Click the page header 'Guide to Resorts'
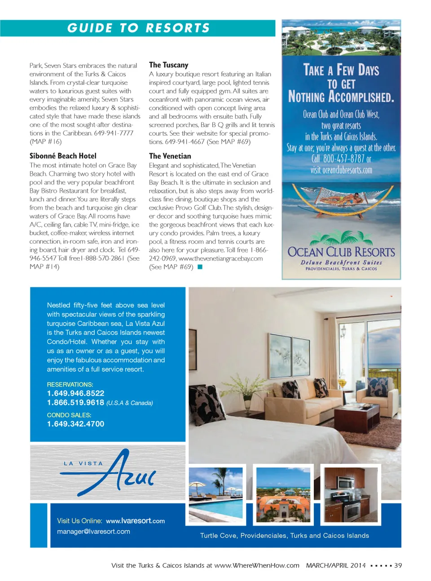pos(138,28)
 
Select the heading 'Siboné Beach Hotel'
pos(63,156)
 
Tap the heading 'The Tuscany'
pos(168,65)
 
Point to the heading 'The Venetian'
pos(170,156)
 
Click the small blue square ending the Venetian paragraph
pos(200,267)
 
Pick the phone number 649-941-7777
pos(114,133)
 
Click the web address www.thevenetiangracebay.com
pos(220,258)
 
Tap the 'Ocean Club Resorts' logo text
pos(341,252)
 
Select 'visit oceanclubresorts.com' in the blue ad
pos(341,170)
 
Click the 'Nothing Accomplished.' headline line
pos(341,97)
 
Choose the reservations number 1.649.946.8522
pos(75,393)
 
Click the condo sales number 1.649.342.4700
pos(75,424)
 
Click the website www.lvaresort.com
pos(135,521)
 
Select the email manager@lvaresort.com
pos(93,532)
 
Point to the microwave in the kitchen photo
pos(346,483)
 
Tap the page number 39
pos(398,565)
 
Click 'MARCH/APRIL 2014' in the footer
pos(336,565)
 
